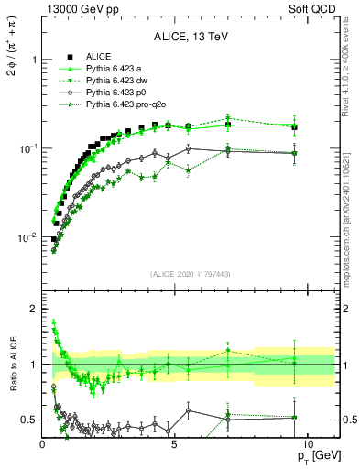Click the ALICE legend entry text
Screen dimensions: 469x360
(x=99, y=56)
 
